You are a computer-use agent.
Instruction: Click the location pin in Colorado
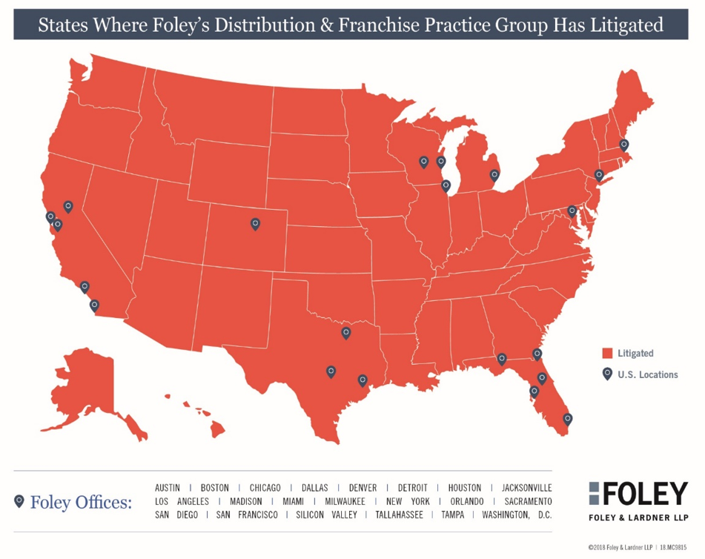click(x=255, y=223)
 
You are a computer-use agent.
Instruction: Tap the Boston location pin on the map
click(x=624, y=145)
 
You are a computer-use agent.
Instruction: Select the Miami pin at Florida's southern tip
click(x=568, y=419)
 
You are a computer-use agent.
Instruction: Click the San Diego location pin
click(x=94, y=305)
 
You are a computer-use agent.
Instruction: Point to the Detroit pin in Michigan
click(x=494, y=176)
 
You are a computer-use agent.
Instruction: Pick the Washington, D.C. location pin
click(x=572, y=211)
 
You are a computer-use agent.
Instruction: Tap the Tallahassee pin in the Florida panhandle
click(x=502, y=360)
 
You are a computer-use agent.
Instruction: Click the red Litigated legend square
click(x=606, y=354)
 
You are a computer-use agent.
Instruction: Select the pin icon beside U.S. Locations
click(x=606, y=374)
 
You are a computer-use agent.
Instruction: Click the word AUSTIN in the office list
click(x=167, y=488)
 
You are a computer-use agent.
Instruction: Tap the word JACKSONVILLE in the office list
click(x=526, y=488)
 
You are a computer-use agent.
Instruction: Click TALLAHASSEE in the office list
click(x=401, y=515)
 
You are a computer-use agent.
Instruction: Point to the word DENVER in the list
click(x=363, y=488)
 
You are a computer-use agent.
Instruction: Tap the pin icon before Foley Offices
click(x=19, y=501)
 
